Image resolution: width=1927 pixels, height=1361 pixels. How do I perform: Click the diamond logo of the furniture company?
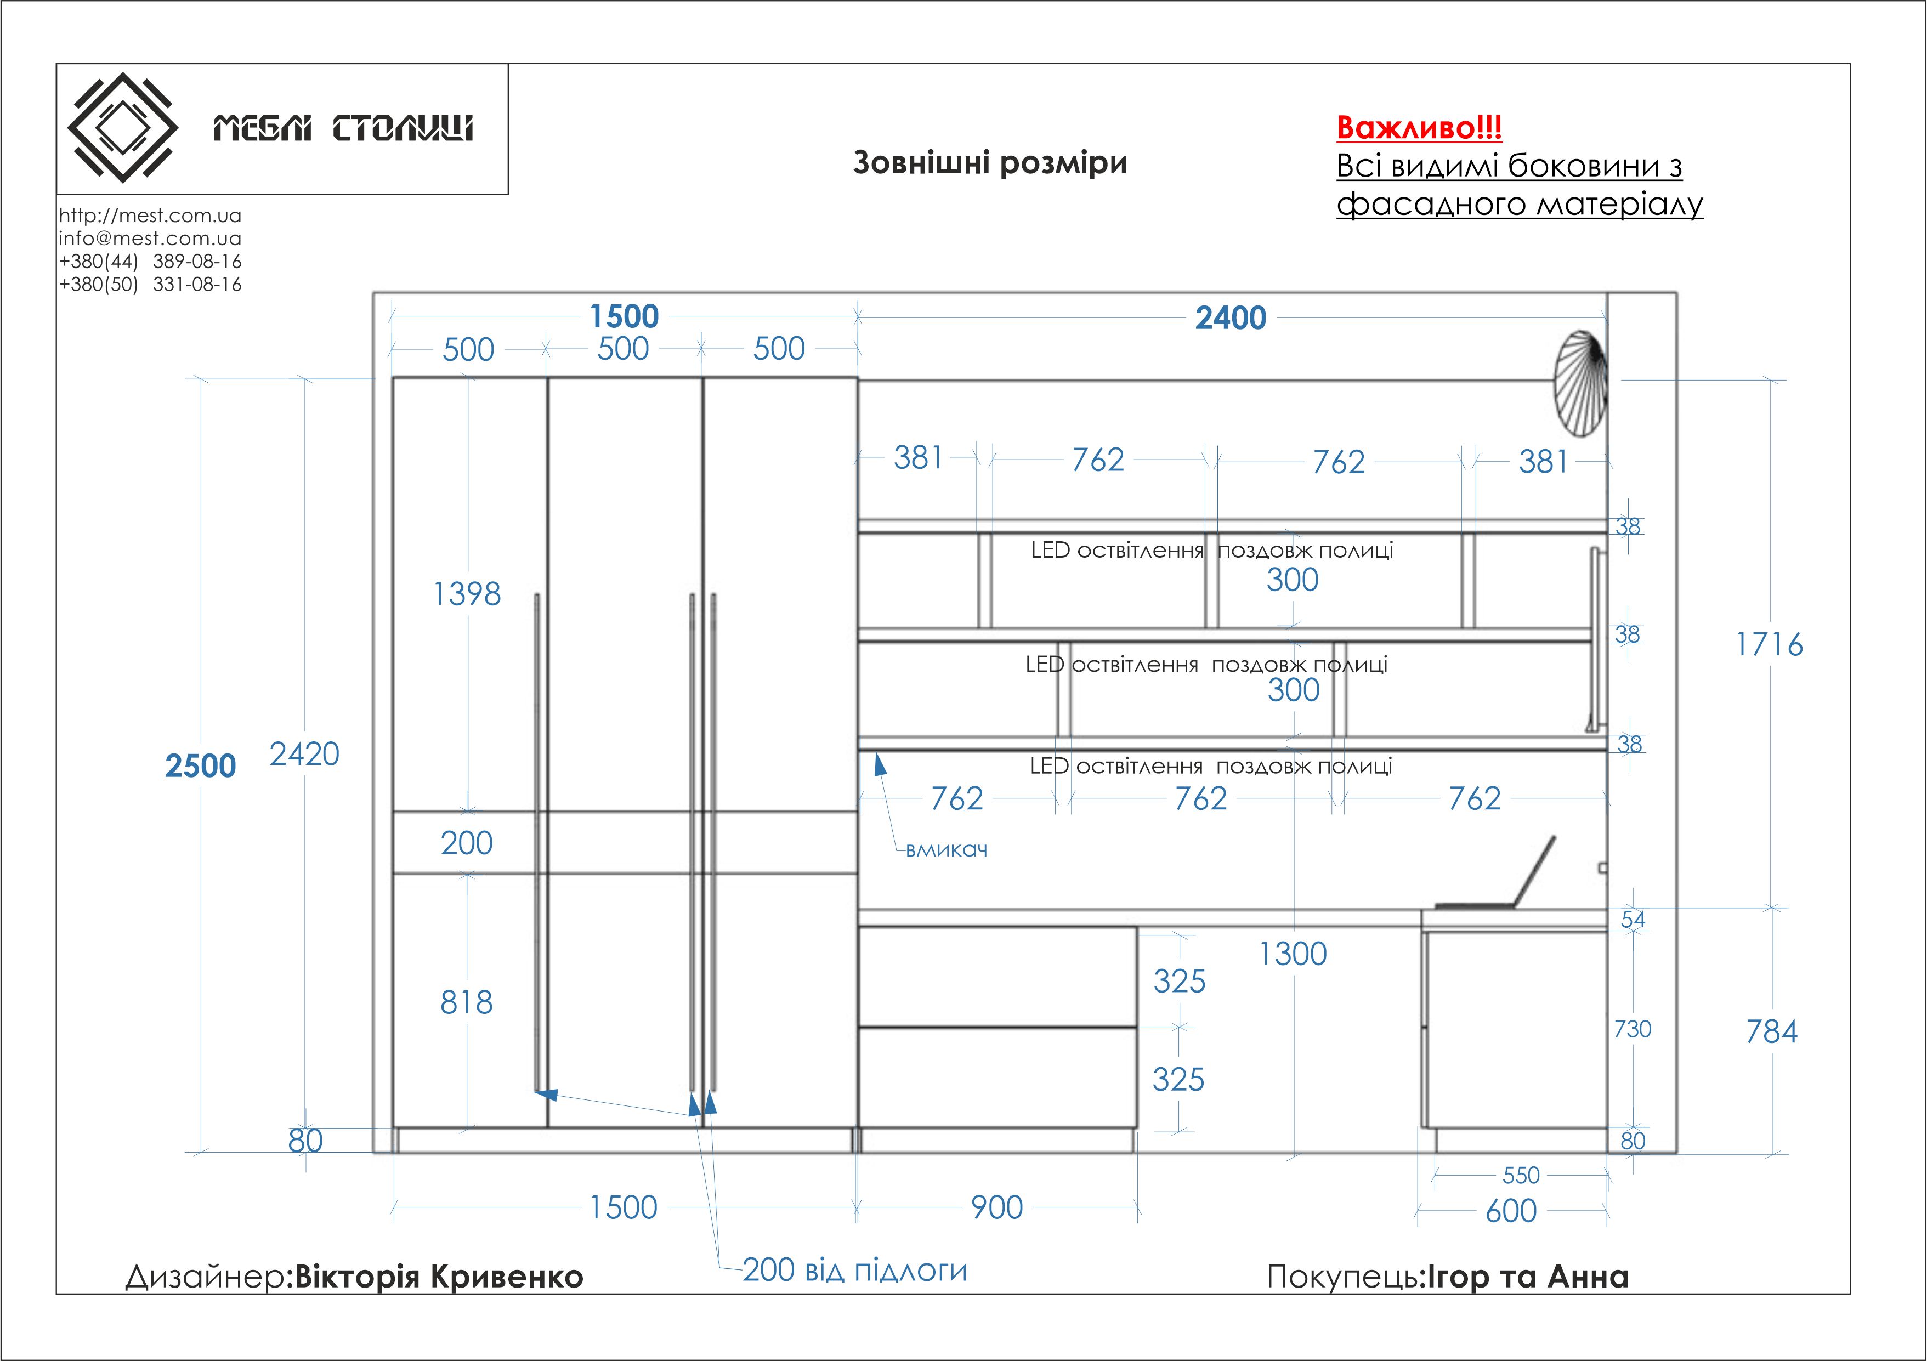point(122,128)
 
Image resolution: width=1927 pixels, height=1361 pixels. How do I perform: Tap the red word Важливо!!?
point(1419,128)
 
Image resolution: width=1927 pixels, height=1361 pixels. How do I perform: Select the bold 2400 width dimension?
point(1231,318)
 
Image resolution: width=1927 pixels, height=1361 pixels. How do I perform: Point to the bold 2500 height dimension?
point(201,765)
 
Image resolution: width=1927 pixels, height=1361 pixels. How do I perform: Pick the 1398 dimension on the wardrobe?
point(467,594)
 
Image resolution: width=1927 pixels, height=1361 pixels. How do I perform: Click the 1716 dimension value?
point(1769,644)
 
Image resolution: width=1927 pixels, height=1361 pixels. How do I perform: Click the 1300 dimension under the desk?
point(1293,954)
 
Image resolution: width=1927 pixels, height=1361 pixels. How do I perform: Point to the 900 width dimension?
point(997,1207)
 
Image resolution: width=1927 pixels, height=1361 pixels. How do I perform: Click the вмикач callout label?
point(947,850)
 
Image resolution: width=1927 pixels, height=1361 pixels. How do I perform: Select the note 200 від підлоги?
point(854,1269)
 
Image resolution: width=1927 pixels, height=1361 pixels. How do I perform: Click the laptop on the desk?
point(1503,881)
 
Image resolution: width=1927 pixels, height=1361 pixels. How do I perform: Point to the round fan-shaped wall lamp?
point(1579,384)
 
